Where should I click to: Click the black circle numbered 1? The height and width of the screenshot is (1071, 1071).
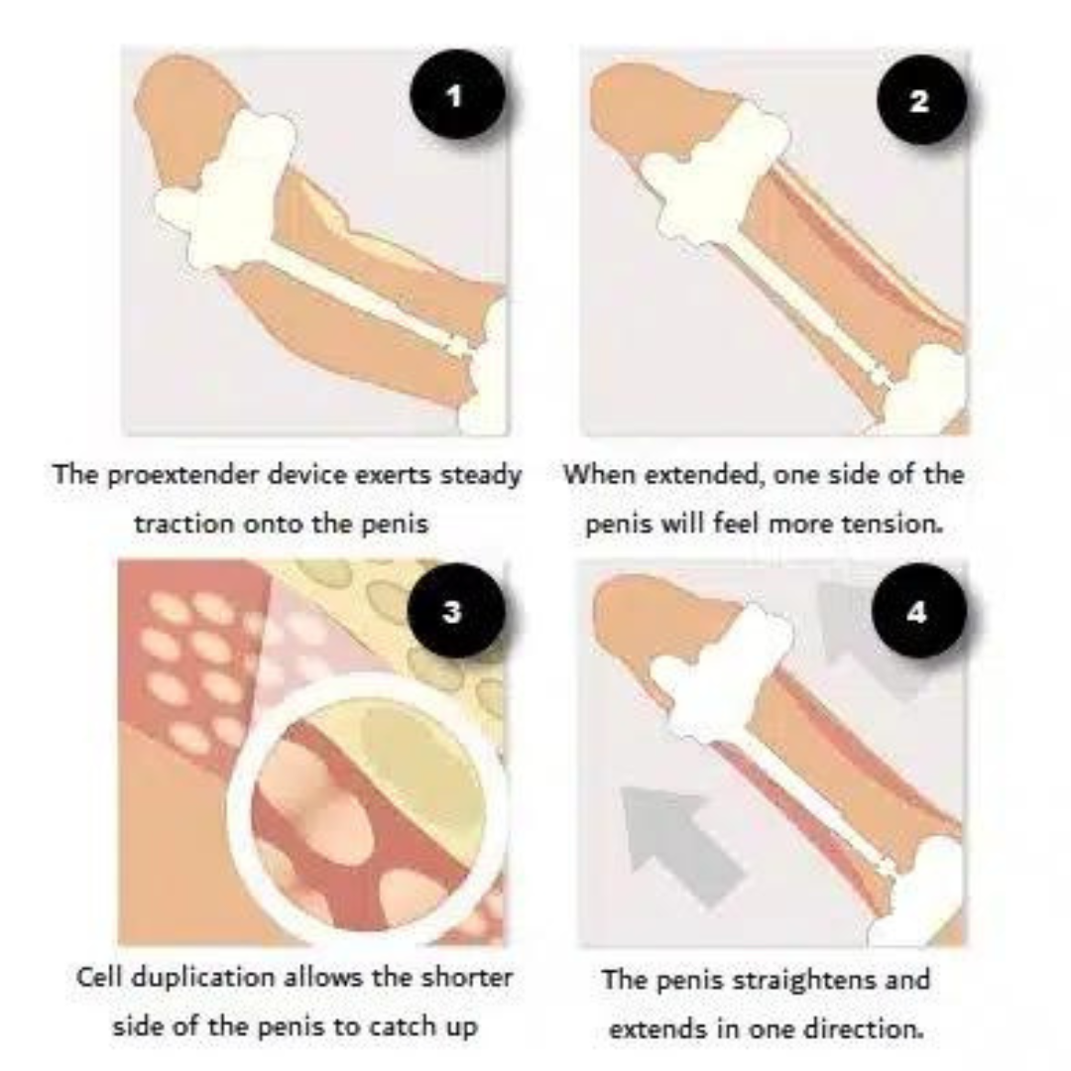pyautogui.click(x=454, y=97)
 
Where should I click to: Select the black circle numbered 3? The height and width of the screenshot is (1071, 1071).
pyautogui.click(x=452, y=611)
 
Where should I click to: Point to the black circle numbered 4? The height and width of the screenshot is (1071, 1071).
pyautogui.click(x=916, y=612)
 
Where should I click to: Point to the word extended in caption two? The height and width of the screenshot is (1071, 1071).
pyautogui.click(x=689, y=475)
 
